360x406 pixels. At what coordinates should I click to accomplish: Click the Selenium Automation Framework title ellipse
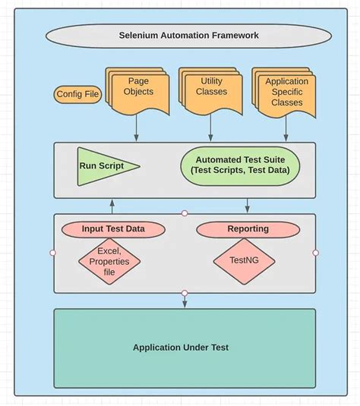(188, 36)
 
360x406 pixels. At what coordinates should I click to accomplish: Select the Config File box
(77, 95)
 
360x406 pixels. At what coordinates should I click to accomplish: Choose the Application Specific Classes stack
(286, 92)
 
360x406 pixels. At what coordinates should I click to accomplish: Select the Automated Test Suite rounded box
(239, 165)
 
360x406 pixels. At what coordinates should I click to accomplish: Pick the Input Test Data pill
(112, 228)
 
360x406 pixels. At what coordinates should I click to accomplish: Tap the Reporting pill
(248, 228)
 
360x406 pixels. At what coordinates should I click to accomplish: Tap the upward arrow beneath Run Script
(112, 206)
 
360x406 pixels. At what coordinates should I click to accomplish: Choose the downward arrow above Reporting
(248, 206)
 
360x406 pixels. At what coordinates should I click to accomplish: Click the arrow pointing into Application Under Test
(184, 301)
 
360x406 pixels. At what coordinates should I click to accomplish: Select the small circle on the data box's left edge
(52, 253)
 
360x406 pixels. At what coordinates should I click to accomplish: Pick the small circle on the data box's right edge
(315, 253)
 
